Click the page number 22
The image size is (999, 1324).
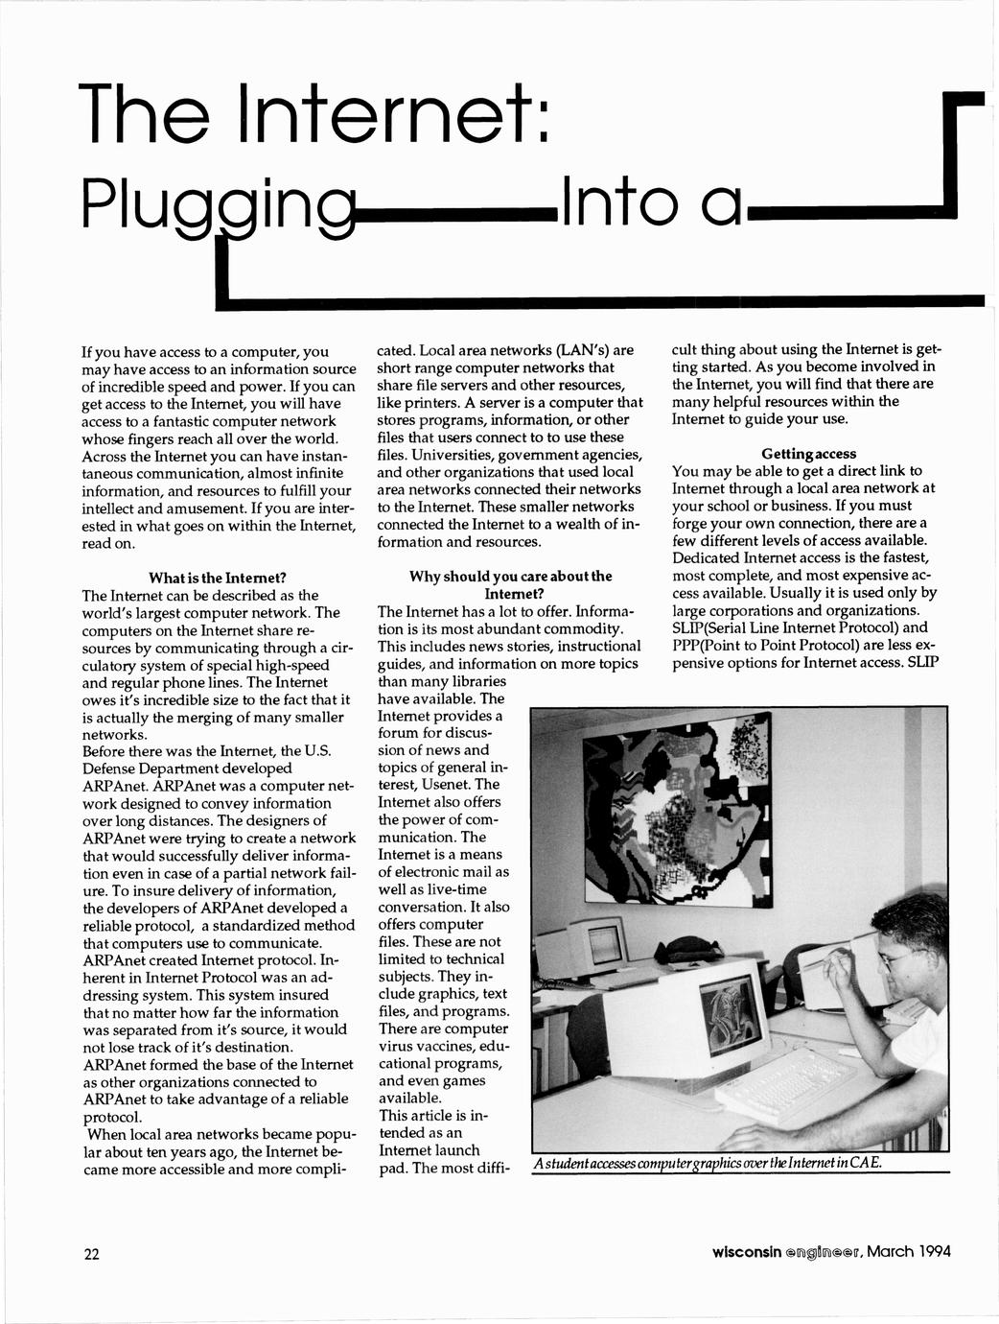point(91,1254)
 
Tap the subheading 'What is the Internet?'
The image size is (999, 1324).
point(218,578)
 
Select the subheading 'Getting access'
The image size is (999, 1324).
point(809,453)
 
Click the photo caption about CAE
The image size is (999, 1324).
point(708,1163)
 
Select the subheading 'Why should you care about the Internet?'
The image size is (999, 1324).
point(510,584)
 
